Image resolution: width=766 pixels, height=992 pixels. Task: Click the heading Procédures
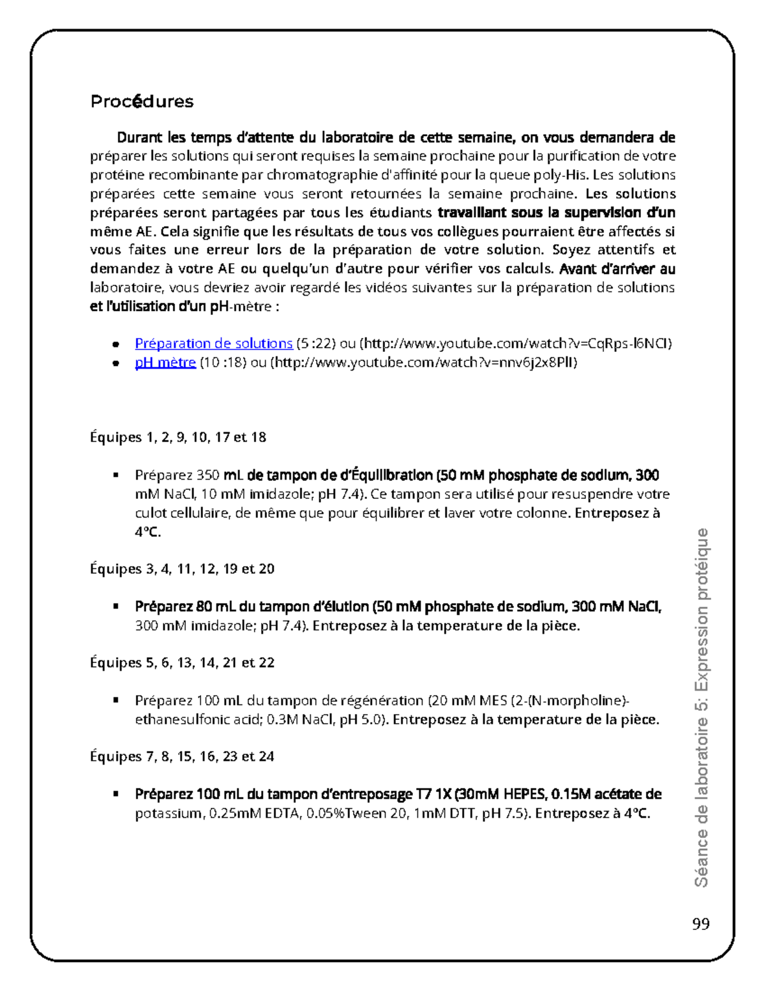142,102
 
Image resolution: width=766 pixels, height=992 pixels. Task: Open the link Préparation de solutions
213,344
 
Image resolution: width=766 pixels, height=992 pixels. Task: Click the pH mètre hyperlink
165,363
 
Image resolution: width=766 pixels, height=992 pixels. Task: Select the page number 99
700,924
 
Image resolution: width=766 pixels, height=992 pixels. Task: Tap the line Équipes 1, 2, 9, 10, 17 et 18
178,438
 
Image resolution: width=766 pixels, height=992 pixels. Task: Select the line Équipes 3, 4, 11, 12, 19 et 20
182,569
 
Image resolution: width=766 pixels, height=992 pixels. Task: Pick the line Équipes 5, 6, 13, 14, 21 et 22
182,663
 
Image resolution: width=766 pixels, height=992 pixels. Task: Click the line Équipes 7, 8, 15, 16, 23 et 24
182,757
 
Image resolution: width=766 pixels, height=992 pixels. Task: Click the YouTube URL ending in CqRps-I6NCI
516,344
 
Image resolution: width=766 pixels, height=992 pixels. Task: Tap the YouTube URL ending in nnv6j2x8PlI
424,363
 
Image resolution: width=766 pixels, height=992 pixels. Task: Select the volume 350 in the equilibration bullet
208,475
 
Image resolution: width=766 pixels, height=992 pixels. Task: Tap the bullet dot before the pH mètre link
116,363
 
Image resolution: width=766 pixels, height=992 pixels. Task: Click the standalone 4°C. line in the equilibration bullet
148,532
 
